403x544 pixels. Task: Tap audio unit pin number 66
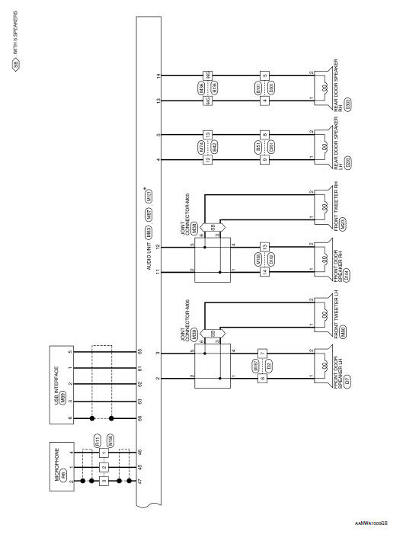(139, 418)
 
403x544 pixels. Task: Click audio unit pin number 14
(158, 76)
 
